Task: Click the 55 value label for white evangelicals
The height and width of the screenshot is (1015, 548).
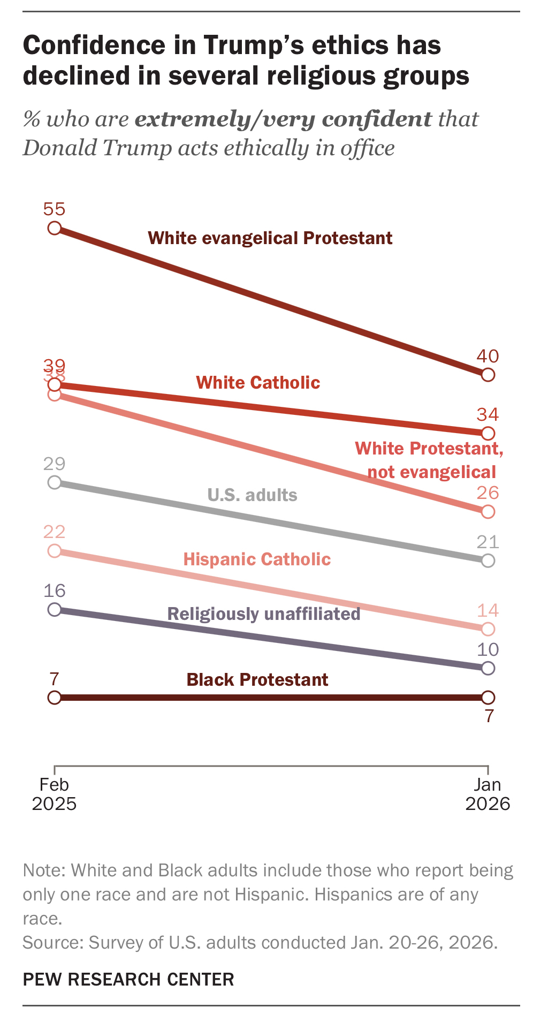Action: (x=54, y=209)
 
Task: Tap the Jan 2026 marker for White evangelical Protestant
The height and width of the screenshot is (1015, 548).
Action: (x=488, y=374)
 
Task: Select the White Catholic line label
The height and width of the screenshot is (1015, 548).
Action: (x=258, y=383)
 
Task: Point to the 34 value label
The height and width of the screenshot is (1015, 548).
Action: (x=488, y=414)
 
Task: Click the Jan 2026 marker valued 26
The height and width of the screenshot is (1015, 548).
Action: (x=488, y=511)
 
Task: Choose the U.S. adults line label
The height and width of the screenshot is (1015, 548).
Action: (x=252, y=495)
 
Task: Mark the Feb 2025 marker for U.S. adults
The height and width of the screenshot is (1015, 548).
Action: (x=55, y=482)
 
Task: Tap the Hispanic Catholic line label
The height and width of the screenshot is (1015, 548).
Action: (x=257, y=559)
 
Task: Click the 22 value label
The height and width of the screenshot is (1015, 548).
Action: (x=54, y=532)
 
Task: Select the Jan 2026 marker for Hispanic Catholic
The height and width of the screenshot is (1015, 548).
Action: (x=488, y=628)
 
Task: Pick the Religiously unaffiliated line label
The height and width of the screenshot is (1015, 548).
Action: (x=264, y=613)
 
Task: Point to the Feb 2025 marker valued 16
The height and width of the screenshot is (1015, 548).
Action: (x=55, y=609)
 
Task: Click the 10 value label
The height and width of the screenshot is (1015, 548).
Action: (x=488, y=649)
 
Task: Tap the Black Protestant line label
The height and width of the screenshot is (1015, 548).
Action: (x=257, y=680)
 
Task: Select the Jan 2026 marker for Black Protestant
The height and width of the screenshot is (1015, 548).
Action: (x=488, y=698)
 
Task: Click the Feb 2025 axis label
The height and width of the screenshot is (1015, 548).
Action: (x=54, y=794)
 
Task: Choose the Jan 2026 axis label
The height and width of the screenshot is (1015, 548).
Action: (x=488, y=794)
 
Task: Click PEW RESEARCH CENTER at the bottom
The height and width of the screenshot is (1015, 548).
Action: (x=128, y=979)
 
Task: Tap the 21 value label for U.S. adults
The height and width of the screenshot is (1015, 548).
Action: (x=488, y=542)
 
